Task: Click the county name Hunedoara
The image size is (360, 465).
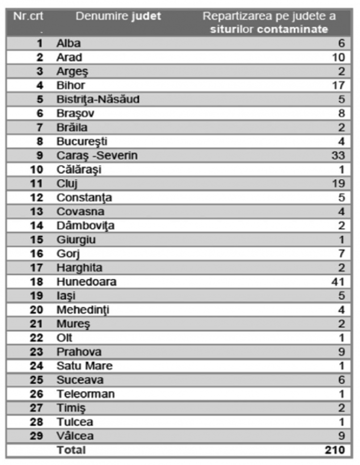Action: click(x=86, y=282)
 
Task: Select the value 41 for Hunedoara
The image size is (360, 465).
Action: click(x=338, y=282)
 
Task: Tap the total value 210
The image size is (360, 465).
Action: click(x=334, y=450)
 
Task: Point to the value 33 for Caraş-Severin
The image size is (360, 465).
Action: click(x=338, y=155)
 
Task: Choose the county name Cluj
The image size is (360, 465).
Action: click(x=68, y=184)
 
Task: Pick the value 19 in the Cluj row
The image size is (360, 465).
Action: click(x=338, y=184)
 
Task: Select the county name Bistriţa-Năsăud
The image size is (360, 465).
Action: click(x=98, y=100)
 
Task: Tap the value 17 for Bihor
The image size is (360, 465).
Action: click(x=338, y=85)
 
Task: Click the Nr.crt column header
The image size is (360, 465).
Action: click(x=28, y=16)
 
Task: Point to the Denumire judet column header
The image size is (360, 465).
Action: click(x=118, y=16)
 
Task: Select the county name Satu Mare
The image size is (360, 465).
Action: click(x=85, y=366)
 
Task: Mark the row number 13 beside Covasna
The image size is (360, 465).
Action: click(x=37, y=211)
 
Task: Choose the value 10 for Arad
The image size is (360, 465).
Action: click(x=338, y=57)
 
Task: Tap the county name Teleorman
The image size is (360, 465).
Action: click(x=86, y=394)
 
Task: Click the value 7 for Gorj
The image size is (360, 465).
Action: click(x=341, y=254)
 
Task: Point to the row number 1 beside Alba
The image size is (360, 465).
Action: click(x=40, y=44)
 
